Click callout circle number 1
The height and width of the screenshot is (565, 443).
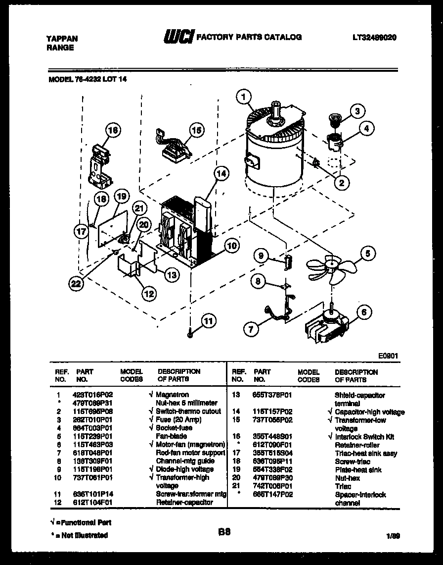243,98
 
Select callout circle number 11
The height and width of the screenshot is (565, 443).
209,321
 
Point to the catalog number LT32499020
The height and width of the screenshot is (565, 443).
375,38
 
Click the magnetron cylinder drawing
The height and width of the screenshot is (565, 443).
275,149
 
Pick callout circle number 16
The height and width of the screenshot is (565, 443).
113,131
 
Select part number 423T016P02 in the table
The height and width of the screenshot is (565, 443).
94,395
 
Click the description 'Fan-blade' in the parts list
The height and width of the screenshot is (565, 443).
171,436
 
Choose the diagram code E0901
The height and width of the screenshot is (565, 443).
389,356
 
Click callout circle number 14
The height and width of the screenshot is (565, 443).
222,174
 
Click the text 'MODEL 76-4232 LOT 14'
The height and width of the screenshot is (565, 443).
88,78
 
